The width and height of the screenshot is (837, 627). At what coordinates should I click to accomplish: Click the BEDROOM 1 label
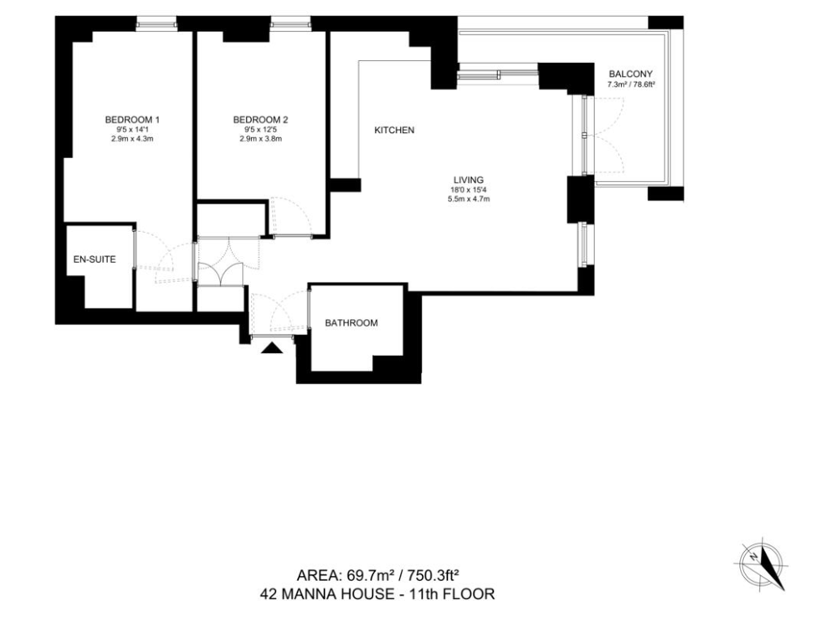pos(132,120)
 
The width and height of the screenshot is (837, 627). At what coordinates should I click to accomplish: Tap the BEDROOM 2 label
pos(260,120)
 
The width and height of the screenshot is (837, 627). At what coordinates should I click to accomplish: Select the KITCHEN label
pos(394,131)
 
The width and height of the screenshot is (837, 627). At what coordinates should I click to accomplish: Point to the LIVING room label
pos(469,180)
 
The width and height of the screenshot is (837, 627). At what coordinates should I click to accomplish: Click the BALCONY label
pos(630,75)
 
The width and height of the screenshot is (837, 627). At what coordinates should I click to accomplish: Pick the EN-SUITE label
pos(95,260)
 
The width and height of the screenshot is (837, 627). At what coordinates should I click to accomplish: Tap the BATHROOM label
pos(352,323)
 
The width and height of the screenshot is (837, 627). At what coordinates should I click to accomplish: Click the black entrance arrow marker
pos(272,348)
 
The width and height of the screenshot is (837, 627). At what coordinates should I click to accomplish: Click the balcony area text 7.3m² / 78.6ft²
pos(631,85)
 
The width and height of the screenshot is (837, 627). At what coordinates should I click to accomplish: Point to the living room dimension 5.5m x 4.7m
pos(469,199)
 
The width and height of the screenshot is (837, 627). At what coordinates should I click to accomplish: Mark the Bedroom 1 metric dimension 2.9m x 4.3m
pos(132,139)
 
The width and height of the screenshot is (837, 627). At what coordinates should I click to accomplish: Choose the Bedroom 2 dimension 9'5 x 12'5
pos(260,130)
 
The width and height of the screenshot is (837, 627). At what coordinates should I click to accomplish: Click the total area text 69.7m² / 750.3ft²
pos(403,576)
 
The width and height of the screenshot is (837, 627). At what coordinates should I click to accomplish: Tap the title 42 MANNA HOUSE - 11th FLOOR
pos(377,594)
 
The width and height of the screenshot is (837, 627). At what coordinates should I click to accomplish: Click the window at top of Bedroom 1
pos(156,23)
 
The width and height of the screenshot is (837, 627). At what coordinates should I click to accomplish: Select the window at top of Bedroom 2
pos(290,23)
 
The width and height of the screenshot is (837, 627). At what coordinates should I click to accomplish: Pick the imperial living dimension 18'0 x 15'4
pos(469,189)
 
